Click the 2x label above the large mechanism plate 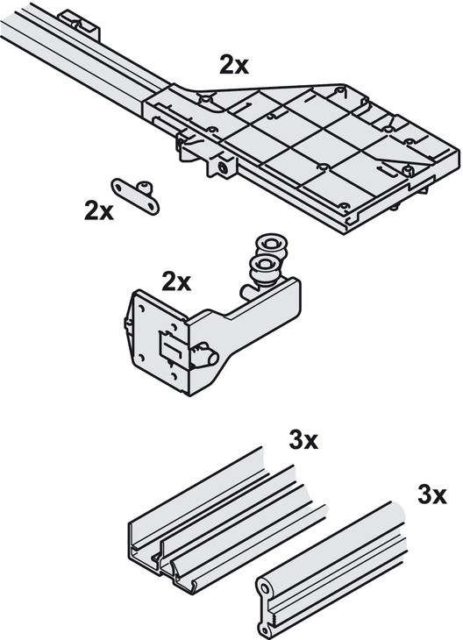point(233,65)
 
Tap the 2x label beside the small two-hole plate point(99,210)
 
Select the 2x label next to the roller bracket point(176,281)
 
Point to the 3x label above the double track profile point(303,440)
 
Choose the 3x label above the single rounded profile point(432,494)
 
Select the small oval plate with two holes point(135,196)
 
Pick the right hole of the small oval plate point(151,208)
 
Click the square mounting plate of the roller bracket point(160,342)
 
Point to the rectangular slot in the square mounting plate point(170,346)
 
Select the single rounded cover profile point(331,568)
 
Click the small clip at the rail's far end point(80,25)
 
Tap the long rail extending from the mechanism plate point(82,61)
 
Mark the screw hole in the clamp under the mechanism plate point(224,168)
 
